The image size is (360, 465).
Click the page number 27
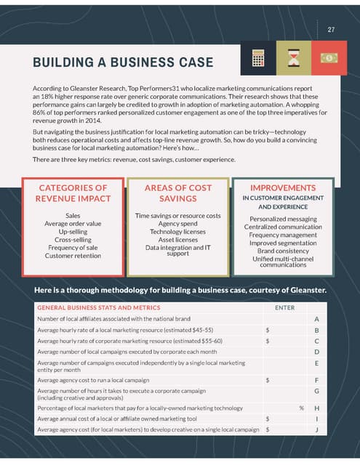click(331, 30)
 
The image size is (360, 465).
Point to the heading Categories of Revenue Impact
click(73, 193)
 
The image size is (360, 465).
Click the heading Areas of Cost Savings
click(178, 193)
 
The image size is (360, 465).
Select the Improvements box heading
click(282, 187)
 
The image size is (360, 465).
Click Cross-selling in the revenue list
click(73, 240)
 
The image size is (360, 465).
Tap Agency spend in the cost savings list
click(178, 224)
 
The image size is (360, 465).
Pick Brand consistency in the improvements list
click(283, 251)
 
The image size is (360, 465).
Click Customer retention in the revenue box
click(73, 256)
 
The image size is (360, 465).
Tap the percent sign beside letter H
click(301, 408)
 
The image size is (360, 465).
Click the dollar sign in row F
click(268, 379)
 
